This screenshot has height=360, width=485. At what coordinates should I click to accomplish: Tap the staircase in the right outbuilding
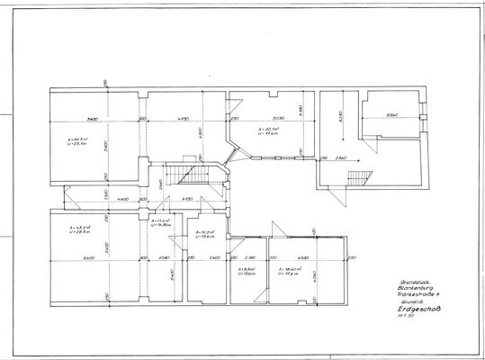point(359,176)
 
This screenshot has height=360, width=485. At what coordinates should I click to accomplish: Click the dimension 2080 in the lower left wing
point(163,257)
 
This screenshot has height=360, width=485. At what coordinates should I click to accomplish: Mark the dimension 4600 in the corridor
point(122,199)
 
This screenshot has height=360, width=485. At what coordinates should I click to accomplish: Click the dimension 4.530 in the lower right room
point(302,257)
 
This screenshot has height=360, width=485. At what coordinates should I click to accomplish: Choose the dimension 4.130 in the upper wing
point(183,119)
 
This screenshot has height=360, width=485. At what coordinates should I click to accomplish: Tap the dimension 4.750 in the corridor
point(187,199)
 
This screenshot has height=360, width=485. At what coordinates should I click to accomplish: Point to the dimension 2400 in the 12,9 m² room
point(215,257)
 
